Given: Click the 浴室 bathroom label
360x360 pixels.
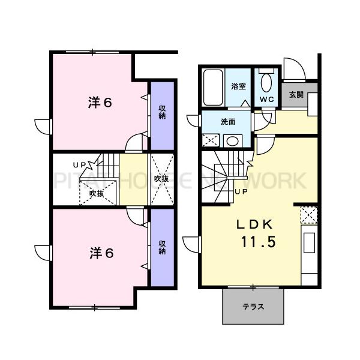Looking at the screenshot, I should [238, 86].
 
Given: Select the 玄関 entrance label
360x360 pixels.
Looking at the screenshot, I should [295, 94].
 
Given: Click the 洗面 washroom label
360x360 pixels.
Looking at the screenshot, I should [228, 122].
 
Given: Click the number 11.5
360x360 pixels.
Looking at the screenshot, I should [259, 244].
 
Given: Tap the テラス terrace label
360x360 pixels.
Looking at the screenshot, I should [253, 306].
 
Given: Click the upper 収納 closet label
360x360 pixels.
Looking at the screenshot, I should [162, 112].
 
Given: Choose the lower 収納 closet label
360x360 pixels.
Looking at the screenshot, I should [162, 247].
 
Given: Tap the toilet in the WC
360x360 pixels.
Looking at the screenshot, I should [267, 82].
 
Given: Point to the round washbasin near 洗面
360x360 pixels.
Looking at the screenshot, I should [231, 141].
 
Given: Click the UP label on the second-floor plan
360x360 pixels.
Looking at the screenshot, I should [79, 164].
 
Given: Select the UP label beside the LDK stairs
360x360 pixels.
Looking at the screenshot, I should [241, 191].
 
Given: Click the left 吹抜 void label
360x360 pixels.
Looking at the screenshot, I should [97, 193].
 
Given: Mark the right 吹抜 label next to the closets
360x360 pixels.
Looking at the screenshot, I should [161, 179].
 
